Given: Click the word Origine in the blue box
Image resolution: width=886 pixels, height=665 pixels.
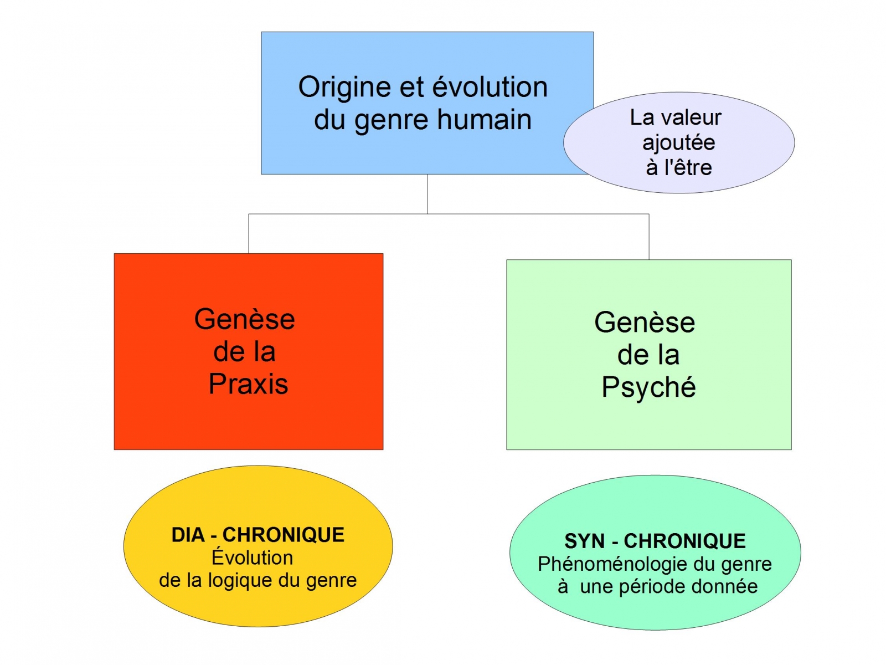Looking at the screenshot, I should tap(338, 88).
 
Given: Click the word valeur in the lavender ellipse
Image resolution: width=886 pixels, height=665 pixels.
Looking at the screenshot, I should tap(692, 117).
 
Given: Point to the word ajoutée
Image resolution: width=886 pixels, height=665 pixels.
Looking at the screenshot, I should tap(678, 143).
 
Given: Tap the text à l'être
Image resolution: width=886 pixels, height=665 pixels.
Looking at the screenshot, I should tap(678, 167).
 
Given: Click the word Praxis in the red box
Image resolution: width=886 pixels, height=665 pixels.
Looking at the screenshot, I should tap(248, 383).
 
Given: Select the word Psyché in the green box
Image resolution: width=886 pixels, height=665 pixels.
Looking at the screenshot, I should tap(648, 387).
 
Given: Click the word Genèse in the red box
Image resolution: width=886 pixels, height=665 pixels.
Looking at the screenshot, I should tap(245, 319).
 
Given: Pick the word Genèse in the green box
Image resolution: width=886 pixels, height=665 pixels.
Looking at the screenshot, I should tap(645, 323).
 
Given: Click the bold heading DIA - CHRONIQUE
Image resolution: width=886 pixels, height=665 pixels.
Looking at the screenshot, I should tap(258, 535).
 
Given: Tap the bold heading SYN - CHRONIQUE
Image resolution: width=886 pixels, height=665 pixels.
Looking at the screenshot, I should tap(655, 541).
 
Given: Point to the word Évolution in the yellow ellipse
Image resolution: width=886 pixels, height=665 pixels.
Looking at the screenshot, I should tap(253, 557).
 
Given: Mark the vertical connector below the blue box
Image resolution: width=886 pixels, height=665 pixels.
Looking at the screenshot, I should tap(427, 194).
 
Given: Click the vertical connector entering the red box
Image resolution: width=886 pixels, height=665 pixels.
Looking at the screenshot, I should tap(249, 234).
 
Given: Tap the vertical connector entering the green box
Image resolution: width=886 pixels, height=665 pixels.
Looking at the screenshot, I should tap(649, 237).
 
